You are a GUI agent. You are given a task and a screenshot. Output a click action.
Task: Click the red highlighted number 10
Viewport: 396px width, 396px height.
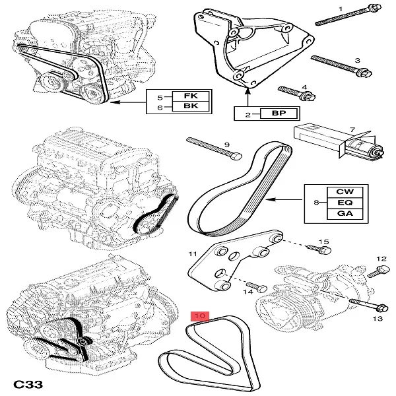(200, 317)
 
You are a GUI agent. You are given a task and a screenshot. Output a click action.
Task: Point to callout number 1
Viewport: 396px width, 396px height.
(341, 8)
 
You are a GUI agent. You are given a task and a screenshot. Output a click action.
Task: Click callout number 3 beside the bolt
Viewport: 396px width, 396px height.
(357, 61)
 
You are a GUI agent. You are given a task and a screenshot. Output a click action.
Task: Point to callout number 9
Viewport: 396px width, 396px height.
(226, 145)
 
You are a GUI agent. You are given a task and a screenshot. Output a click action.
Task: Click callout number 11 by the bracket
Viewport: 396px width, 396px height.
(193, 254)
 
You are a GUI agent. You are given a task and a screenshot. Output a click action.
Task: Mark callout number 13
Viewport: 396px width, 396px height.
(377, 319)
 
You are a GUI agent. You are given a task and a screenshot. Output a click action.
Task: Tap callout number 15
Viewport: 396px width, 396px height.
(324, 242)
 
